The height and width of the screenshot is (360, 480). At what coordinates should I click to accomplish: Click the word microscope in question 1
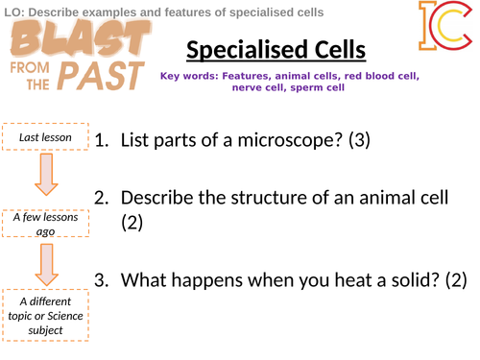click(299, 142)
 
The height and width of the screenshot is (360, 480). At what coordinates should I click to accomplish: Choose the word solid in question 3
click(403, 281)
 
